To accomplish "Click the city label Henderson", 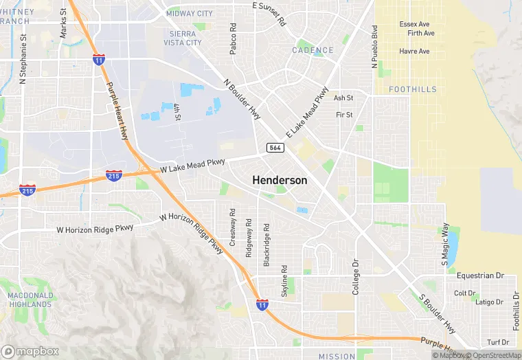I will [280, 179].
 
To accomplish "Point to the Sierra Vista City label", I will [183, 38].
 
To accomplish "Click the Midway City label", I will [190, 13].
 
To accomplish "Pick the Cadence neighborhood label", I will [313, 50].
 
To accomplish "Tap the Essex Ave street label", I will [413, 24].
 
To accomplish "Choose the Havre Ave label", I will [414, 51].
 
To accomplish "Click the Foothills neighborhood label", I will [412, 89].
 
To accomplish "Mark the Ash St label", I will [343, 98].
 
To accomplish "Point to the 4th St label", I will [177, 112].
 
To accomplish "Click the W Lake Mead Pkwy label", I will [192, 166].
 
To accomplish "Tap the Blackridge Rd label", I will [266, 244].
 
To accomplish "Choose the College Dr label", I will [356, 277].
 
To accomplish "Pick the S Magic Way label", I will [444, 244].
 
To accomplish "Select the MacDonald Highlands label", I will [30, 300].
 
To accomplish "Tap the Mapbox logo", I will [31, 351].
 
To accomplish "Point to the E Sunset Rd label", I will [269, 14].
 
